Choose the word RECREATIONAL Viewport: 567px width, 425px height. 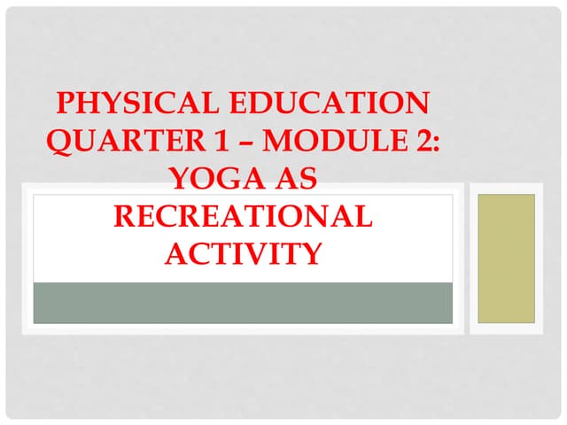243,217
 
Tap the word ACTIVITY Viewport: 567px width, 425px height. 243,254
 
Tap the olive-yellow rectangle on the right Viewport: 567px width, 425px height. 506,258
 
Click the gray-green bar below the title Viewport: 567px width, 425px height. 243,303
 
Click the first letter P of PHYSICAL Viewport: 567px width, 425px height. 65,104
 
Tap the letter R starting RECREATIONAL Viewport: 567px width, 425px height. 124,217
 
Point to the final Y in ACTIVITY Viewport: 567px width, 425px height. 309,254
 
